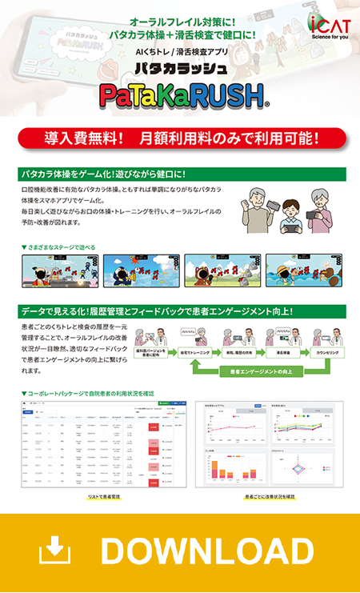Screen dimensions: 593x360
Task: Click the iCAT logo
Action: coord(328,21)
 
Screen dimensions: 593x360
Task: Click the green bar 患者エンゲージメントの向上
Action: coord(263,371)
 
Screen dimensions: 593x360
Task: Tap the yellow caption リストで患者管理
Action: coord(103,497)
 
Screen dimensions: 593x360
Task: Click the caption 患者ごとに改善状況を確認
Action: coord(270,497)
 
